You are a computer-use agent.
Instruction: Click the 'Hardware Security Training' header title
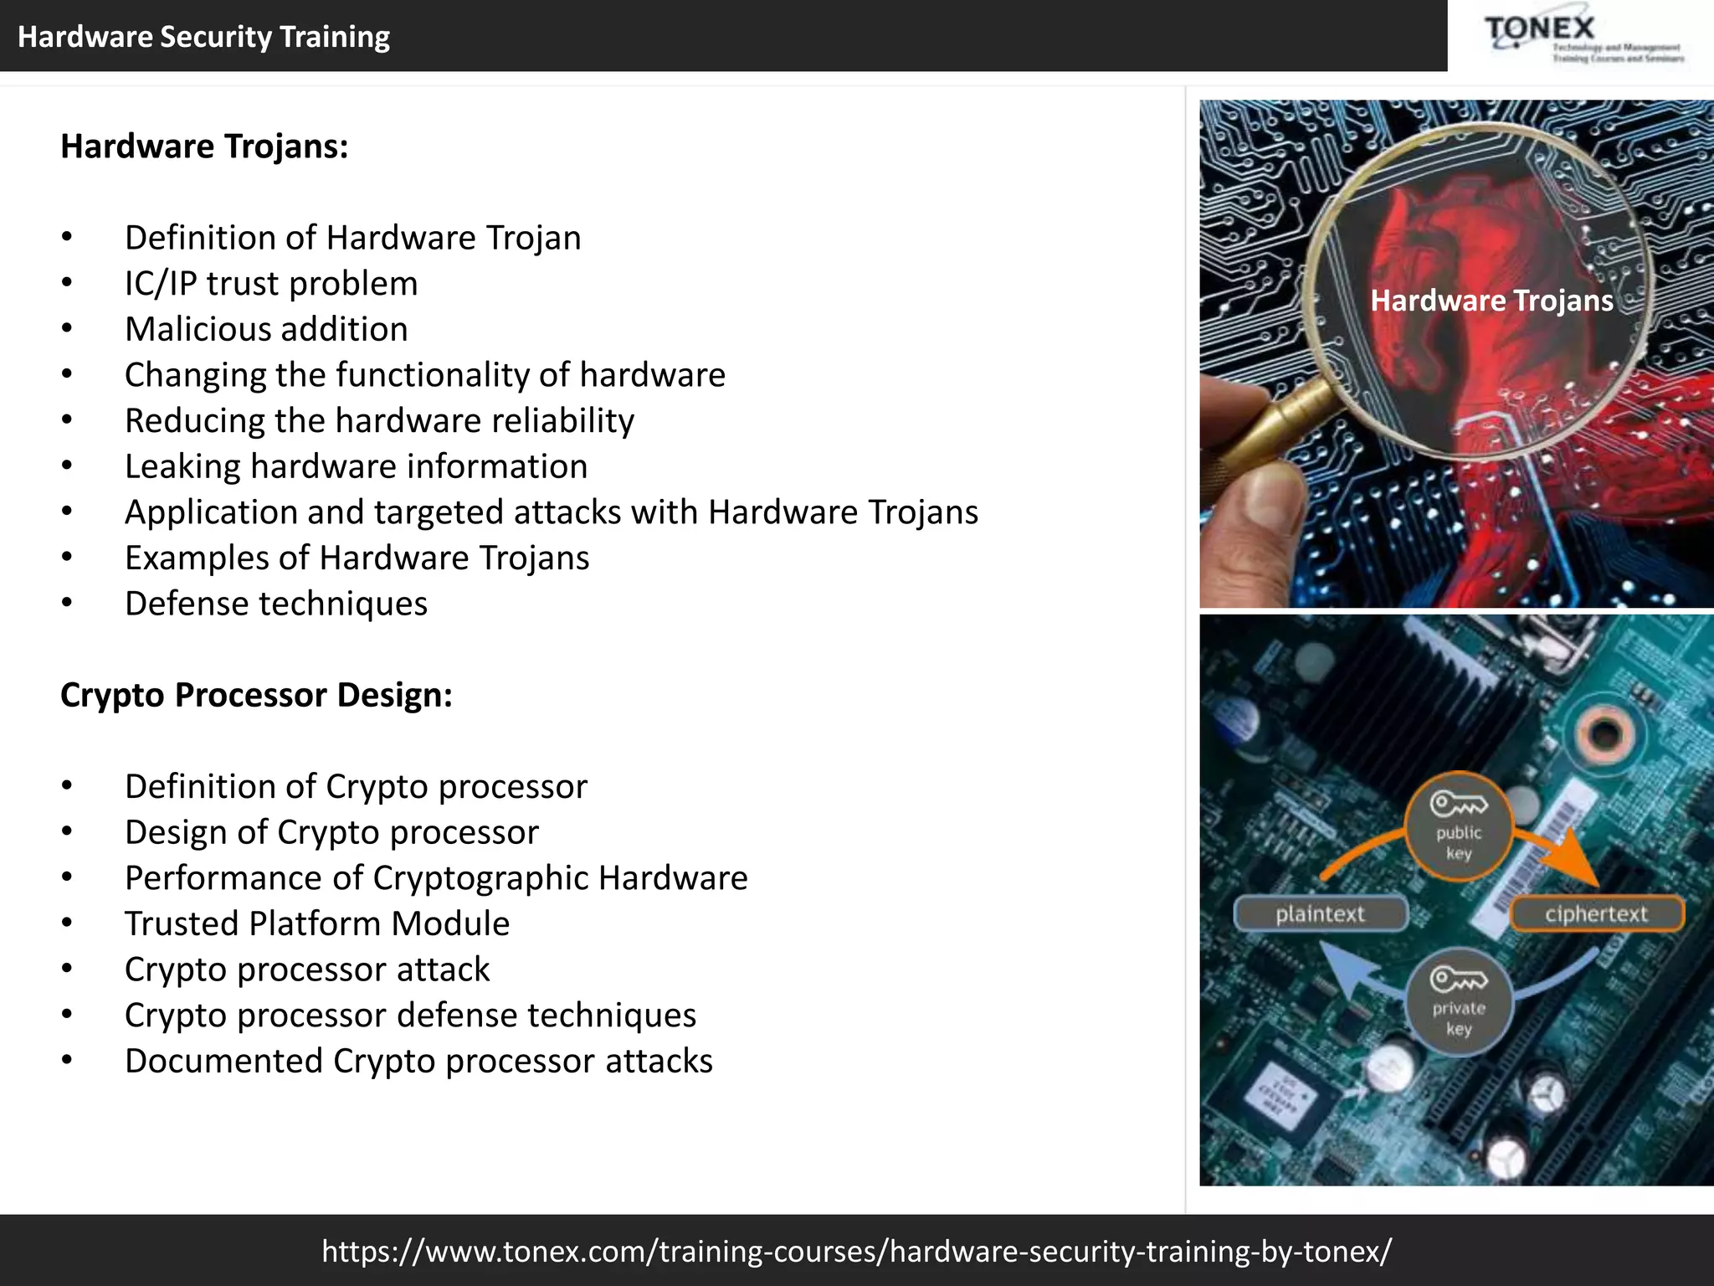[203, 37]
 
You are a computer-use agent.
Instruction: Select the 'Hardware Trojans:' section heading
[204, 147]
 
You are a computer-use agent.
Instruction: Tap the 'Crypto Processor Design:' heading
[256, 695]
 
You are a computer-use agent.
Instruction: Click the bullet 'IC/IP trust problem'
[270, 284]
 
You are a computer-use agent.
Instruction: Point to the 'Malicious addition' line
[266, 329]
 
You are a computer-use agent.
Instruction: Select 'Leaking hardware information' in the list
[356, 466]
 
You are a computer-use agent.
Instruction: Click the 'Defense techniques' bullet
[276, 604]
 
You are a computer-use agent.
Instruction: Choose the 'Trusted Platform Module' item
[317, 923]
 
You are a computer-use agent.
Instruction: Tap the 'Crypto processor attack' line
[307, 970]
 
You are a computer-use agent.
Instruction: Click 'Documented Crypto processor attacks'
[418, 1061]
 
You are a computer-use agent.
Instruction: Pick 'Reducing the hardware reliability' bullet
[379, 420]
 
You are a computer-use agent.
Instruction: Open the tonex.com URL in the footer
[857, 1251]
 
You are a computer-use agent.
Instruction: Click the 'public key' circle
[1458, 826]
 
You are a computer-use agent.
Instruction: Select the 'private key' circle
[1458, 1002]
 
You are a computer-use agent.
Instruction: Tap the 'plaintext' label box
[1320, 913]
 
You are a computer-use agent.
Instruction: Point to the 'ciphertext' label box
[1596, 913]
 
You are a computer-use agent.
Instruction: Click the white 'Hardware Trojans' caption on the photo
[1491, 301]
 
